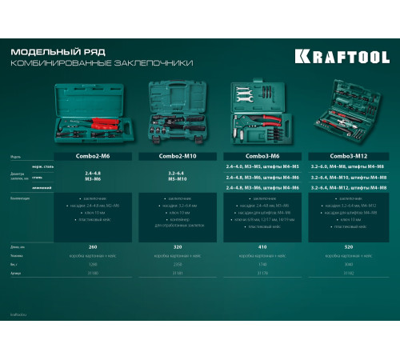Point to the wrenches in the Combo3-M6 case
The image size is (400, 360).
242,97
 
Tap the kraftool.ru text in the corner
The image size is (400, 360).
20,315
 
